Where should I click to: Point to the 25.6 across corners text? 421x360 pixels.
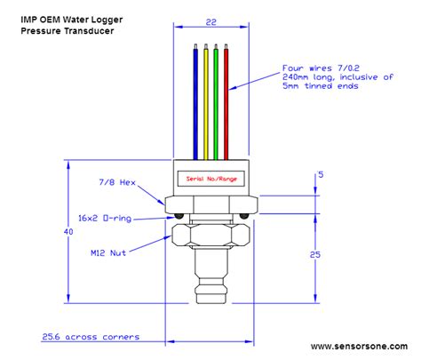click(x=91, y=337)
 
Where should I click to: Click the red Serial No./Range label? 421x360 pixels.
click(x=211, y=178)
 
